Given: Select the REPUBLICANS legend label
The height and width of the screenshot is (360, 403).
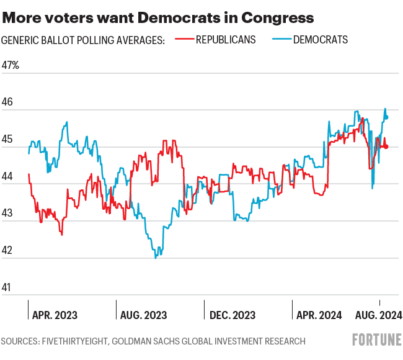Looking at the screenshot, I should (225, 40).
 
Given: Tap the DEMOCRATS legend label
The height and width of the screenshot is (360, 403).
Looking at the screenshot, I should (320, 40).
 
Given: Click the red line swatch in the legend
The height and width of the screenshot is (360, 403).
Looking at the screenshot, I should (184, 40).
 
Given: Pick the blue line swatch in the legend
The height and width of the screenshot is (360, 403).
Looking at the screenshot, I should (281, 40).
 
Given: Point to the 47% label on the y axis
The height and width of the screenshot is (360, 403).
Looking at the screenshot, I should (11, 65).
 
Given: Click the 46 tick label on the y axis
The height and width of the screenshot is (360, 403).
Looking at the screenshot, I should (7, 102).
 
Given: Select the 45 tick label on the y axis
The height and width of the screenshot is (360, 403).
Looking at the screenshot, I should (7, 140).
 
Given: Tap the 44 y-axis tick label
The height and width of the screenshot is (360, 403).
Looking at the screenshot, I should (7, 176).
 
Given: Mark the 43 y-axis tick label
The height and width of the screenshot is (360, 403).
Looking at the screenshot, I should (7, 214).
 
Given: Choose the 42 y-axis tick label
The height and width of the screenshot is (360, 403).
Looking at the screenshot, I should (7, 251).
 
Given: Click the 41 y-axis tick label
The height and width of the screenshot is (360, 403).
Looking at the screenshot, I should (7, 287).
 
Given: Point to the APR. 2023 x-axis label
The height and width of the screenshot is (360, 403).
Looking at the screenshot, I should (55, 315).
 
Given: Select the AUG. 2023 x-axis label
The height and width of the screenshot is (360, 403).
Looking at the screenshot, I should (143, 315).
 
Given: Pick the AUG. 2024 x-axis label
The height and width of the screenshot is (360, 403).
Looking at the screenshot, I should (378, 315).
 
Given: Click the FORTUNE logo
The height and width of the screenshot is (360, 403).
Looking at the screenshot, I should (376, 340).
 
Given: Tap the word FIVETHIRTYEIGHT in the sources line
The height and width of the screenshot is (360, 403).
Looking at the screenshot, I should (87, 341).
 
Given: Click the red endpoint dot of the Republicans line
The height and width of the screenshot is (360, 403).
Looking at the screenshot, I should (387, 146).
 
